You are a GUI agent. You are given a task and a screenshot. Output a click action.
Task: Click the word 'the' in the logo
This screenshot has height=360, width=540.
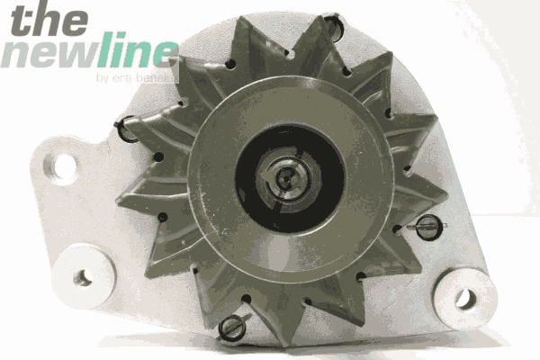click(45, 20)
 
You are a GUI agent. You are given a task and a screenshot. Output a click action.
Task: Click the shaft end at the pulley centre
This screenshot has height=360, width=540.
click(284, 176)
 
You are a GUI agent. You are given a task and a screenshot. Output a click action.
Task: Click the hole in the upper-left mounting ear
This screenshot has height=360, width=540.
click(64, 165)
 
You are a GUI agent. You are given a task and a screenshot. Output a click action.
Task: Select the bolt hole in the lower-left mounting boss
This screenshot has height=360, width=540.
click(82, 276)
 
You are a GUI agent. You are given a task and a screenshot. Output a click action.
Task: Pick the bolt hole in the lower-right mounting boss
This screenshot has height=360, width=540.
click(464, 297)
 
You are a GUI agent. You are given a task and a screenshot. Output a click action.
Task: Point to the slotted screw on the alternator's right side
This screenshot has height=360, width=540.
click(426, 227)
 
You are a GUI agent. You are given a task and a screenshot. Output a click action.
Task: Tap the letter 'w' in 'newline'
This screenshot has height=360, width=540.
click(78, 55)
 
